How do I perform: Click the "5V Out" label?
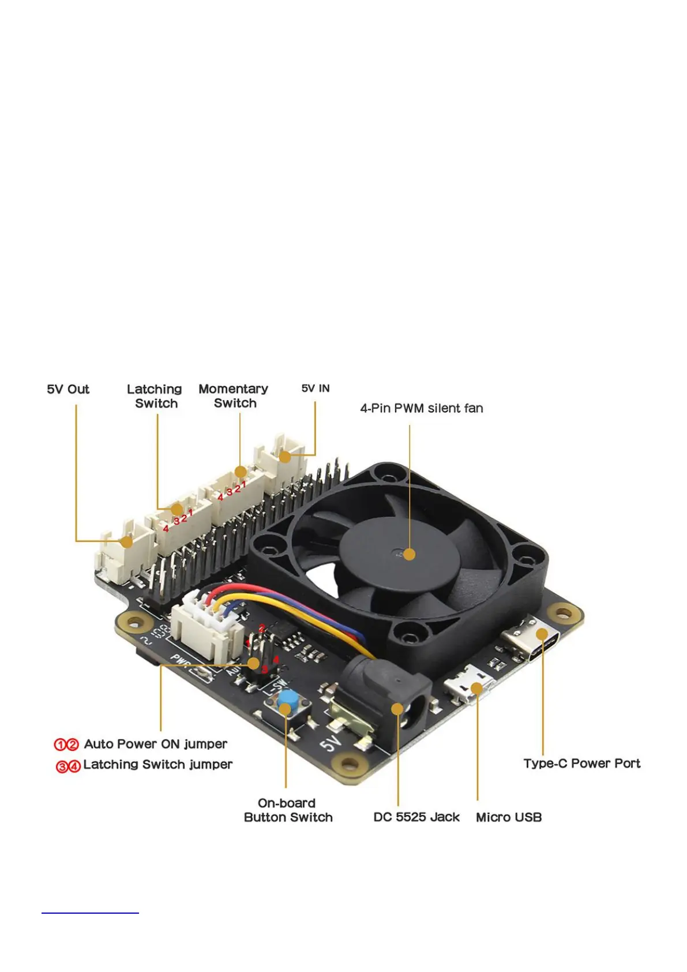click(x=68, y=390)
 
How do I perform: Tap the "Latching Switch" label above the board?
click(x=155, y=397)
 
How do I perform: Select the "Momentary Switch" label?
click(x=234, y=396)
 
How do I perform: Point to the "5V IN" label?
click(x=316, y=388)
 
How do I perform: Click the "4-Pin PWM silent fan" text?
click(x=422, y=409)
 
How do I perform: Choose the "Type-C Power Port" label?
click(x=581, y=764)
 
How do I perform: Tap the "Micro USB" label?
click(x=509, y=817)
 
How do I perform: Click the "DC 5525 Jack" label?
click(x=416, y=817)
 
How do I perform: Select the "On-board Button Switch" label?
click(x=288, y=810)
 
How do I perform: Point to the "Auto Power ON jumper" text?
click(x=156, y=744)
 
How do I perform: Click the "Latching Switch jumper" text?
click(x=157, y=765)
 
